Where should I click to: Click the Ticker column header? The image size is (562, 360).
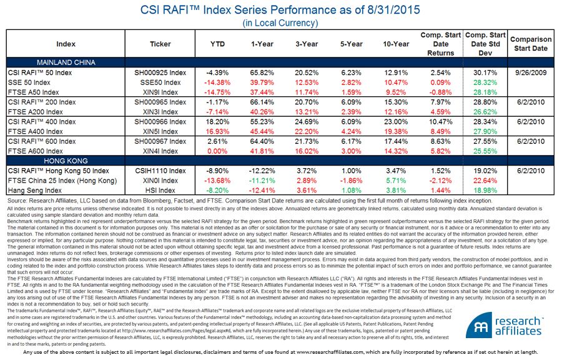pos(160,44)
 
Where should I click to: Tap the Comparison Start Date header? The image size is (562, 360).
pos(531,44)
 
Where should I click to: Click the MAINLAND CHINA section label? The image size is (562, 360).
pos(67,63)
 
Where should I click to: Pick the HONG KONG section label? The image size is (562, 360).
pos(67,161)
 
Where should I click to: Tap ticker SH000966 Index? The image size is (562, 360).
pos(160,121)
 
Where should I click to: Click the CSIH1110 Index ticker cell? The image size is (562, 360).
pos(160,171)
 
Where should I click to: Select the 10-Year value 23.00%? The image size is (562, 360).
pos(393,121)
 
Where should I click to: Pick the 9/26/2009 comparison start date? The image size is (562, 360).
pos(531,72)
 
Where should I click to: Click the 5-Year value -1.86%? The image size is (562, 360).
pos(350,180)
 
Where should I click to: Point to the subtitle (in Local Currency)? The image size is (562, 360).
pos(280,23)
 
